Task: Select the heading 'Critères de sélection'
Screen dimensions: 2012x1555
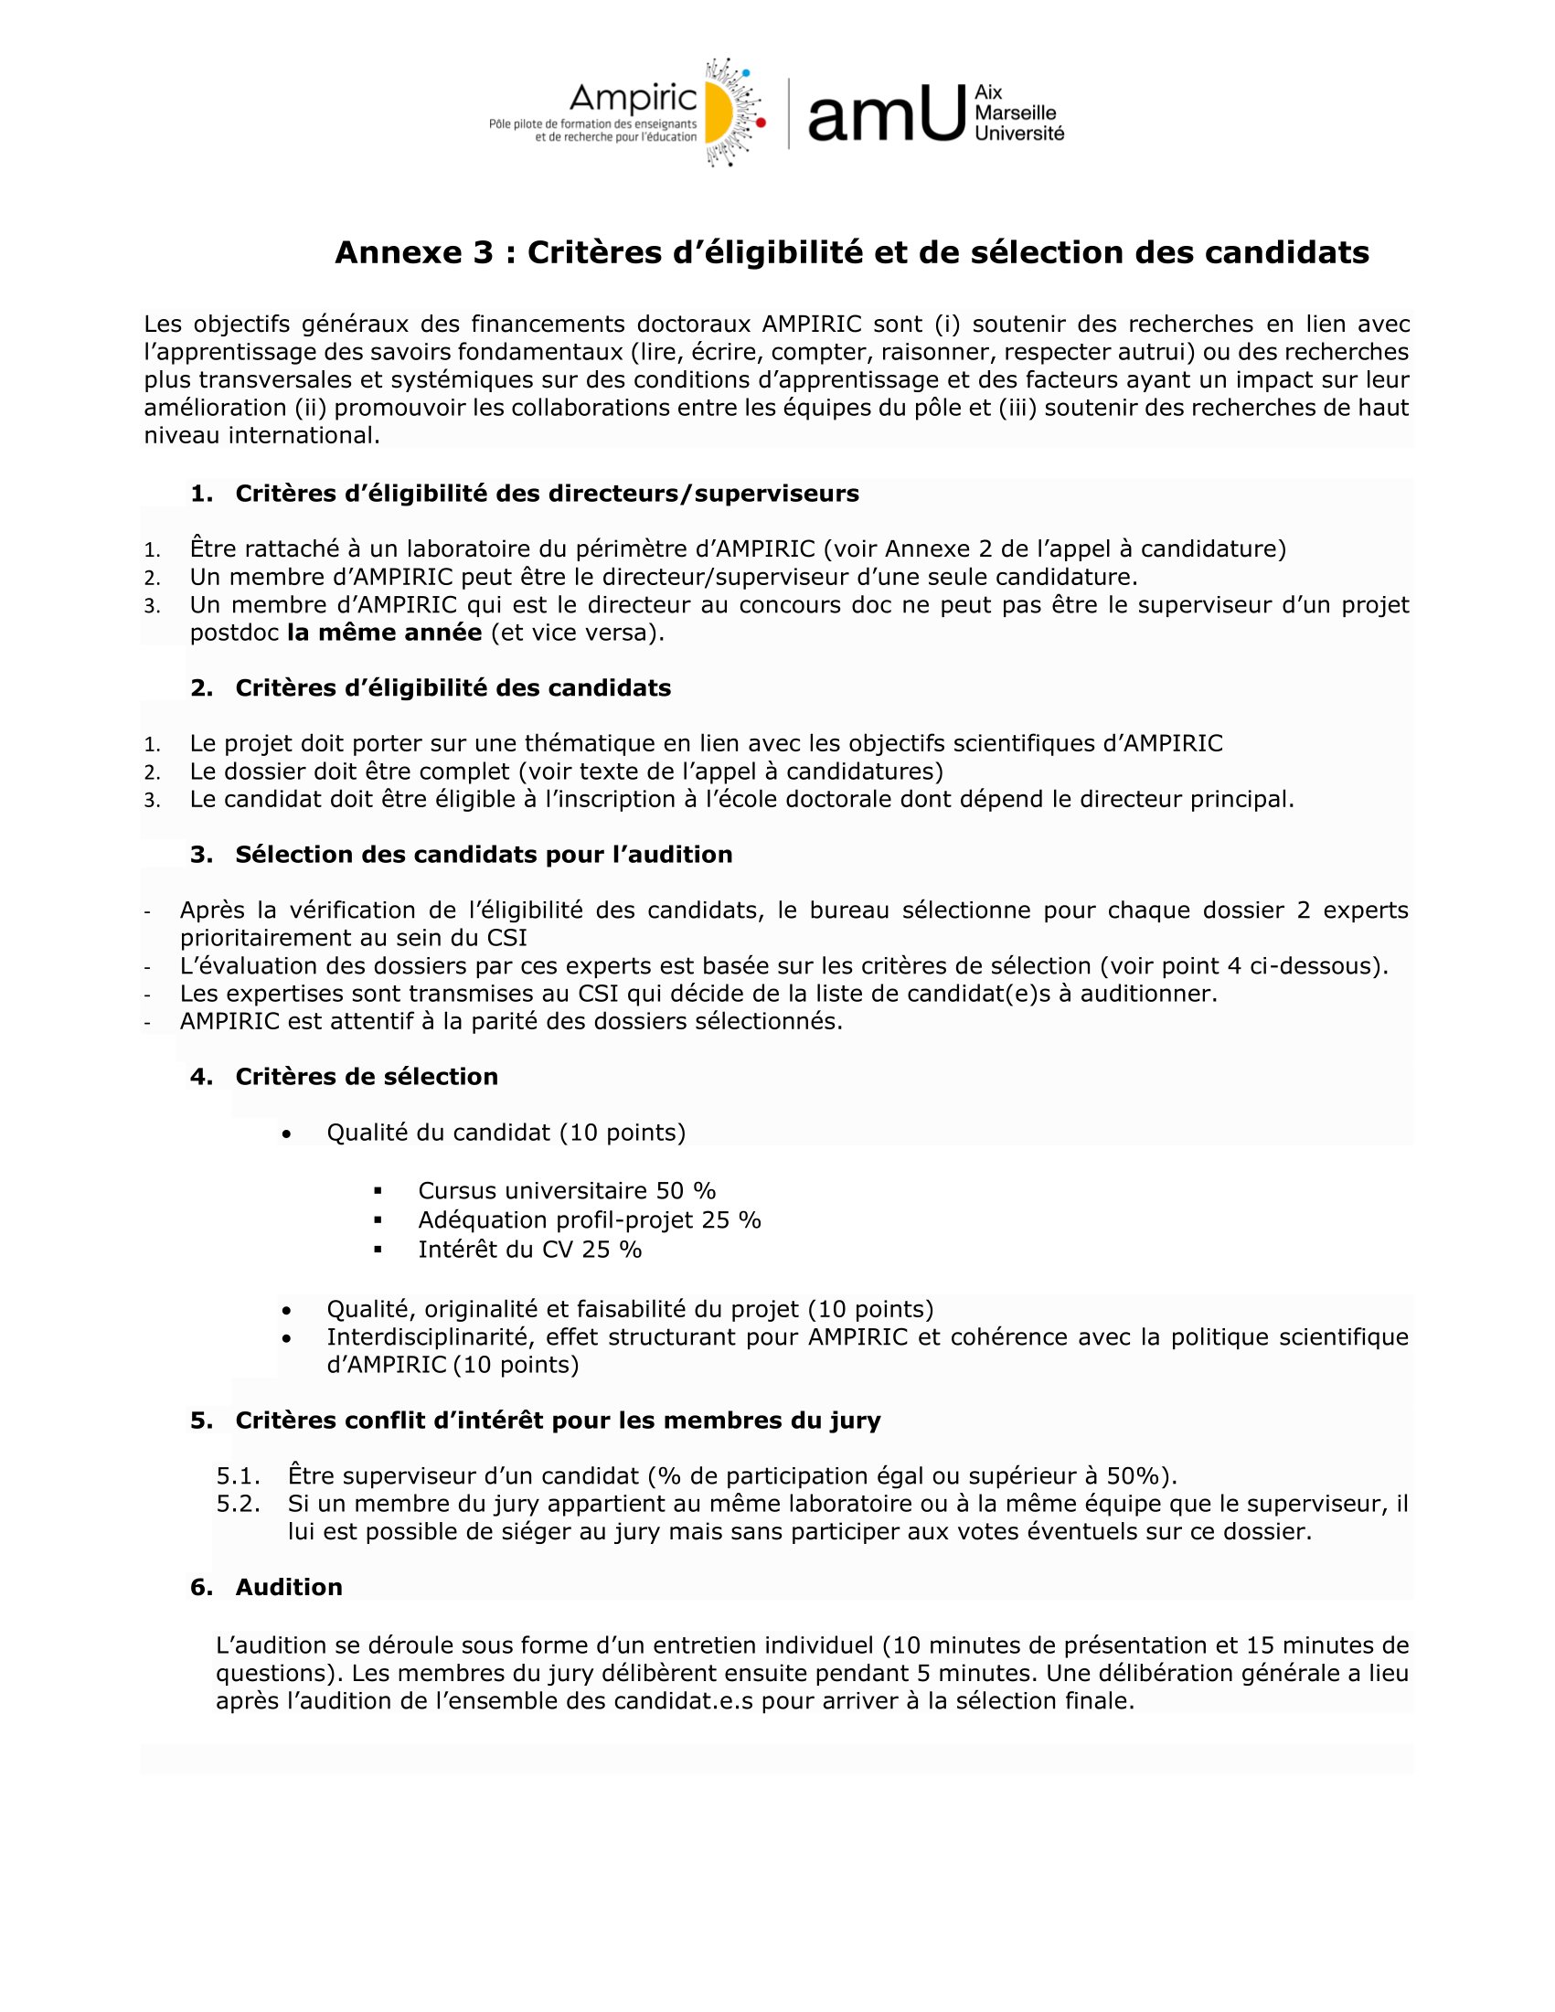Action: click(366, 1076)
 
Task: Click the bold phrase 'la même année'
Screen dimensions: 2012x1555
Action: click(384, 633)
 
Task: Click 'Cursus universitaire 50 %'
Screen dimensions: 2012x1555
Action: click(567, 1190)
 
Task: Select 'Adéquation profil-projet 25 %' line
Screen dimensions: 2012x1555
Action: click(590, 1219)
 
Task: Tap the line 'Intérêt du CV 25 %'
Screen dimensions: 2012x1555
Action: click(529, 1250)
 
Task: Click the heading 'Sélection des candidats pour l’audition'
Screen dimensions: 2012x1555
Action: click(484, 854)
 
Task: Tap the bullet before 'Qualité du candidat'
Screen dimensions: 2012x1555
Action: click(288, 1134)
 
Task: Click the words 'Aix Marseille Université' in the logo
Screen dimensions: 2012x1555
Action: click(1018, 112)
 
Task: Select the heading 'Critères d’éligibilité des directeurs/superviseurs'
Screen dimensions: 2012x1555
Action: click(547, 494)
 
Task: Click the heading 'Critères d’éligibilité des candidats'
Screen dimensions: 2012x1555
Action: click(453, 687)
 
